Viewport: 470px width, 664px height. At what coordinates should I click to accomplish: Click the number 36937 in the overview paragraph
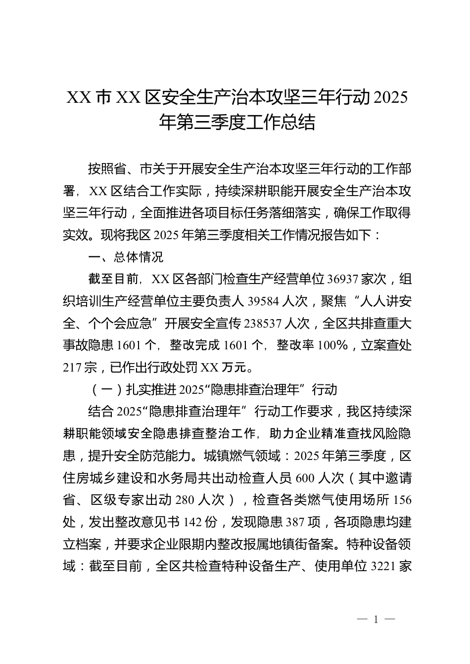point(342,280)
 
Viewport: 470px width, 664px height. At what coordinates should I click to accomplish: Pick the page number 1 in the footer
point(376,620)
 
